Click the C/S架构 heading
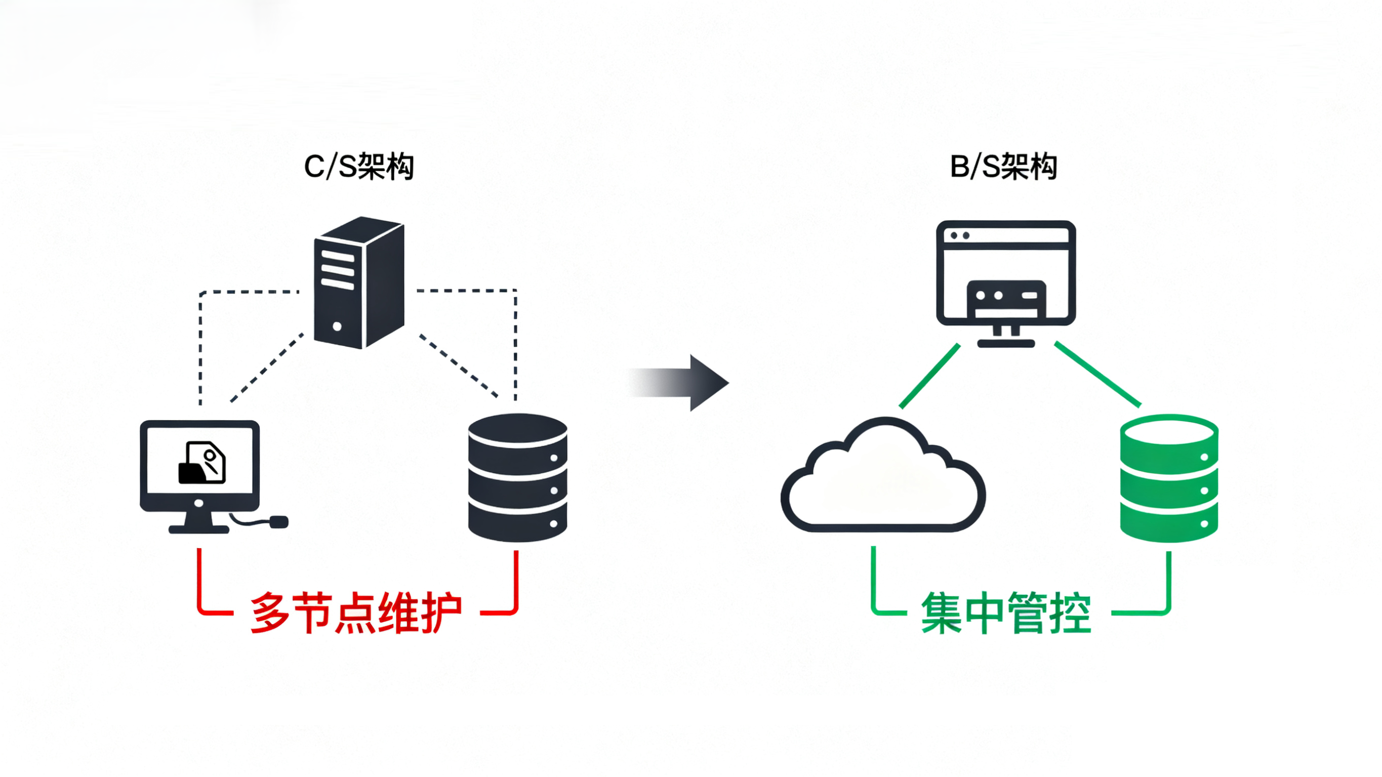point(358,167)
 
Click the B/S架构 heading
point(1003,167)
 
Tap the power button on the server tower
point(337,326)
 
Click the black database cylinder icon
point(517,477)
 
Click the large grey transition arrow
point(692,383)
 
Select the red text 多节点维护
point(356,613)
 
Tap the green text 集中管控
point(1006,613)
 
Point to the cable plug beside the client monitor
point(278,521)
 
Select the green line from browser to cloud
point(930,376)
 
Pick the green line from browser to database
point(1097,374)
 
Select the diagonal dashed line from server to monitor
point(267,368)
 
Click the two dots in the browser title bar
point(959,235)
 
